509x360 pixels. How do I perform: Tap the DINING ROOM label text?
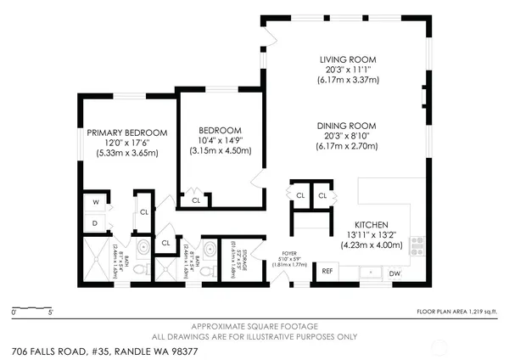click(347, 126)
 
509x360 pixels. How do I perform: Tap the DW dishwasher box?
click(394, 273)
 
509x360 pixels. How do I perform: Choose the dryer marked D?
click(95, 224)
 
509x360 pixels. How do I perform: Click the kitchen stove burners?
click(416, 245)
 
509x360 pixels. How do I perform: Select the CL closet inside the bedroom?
click(196, 200)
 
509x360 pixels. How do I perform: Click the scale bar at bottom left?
click(32, 307)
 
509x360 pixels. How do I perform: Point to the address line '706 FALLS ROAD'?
click(98, 350)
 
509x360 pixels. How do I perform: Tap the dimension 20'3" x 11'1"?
click(347, 70)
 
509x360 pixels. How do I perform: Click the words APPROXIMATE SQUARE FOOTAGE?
click(255, 326)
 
